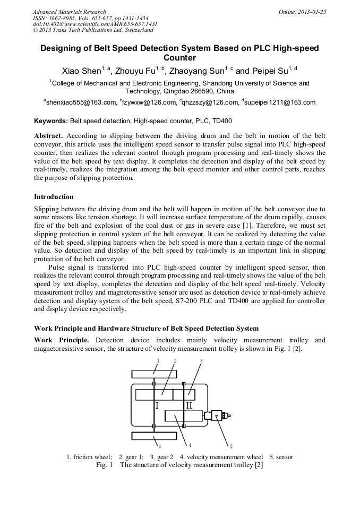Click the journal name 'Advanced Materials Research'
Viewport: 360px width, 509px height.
(x=69, y=12)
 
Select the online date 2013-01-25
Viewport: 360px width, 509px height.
(x=310, y=12)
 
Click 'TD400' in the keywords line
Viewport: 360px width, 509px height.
(x=222, y=121)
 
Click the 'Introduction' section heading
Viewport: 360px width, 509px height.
(x=54, y=196)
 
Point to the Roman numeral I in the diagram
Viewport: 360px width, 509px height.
(x=157, y=406)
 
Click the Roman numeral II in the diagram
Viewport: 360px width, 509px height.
(x=189, y=406)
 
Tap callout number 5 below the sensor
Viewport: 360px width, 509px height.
(x=231, y=445)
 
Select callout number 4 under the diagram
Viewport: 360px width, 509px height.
(x=190, y=444)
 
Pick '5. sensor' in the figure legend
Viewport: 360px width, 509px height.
(x=281, y=457)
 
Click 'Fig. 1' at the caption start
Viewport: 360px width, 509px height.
(x=104, y=465)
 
